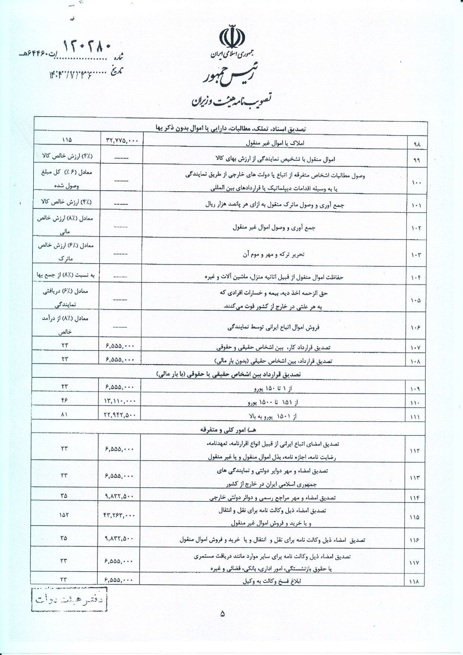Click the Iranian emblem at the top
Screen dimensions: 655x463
(x=232, y=37)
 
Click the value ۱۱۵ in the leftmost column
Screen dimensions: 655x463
(x=67, y=140)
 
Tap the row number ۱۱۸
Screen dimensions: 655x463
(x=415, y=592)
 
